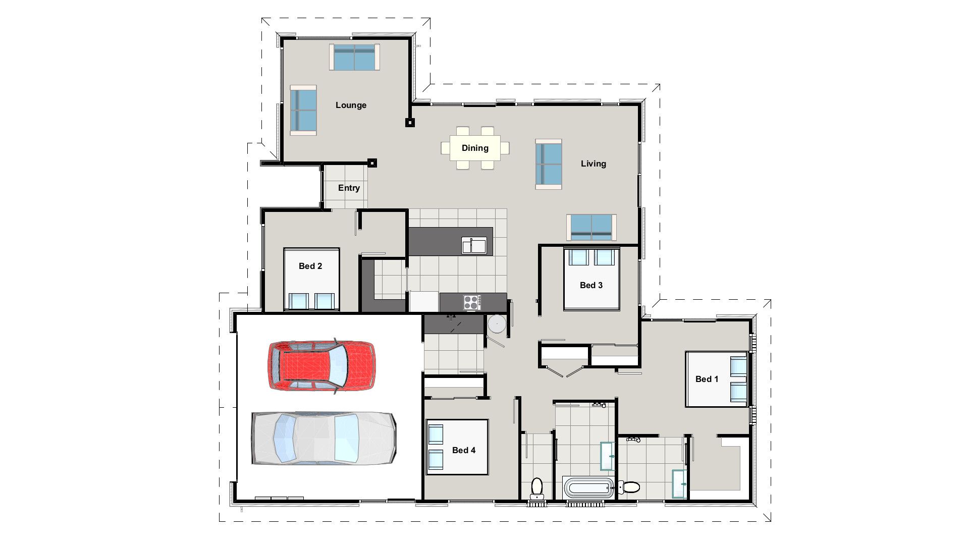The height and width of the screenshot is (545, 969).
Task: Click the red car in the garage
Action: point(321,365)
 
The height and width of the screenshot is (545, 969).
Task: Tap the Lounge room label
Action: point(351,105)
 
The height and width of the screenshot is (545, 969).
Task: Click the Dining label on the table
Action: point(475,148)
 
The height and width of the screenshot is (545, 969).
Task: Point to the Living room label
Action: point(593,163)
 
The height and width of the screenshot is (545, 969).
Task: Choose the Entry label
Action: point(349,188)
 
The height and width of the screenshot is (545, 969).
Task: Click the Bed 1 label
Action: point(707,379)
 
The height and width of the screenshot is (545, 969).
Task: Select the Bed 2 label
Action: point(310,266)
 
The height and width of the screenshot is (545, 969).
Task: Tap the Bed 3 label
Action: point(591,285)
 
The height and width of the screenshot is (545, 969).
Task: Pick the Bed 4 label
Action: point(463,450)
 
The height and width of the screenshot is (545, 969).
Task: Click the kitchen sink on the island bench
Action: point(474,245)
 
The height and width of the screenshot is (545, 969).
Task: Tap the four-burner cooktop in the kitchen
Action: point(472,302)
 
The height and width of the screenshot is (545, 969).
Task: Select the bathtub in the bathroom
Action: point(588,488)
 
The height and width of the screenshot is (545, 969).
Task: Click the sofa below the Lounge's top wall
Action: point(354,57)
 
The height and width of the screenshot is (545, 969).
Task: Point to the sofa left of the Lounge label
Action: point(303,110)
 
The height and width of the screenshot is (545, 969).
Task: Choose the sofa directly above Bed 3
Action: point(591,228)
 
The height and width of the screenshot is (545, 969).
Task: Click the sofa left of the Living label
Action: point(549,164)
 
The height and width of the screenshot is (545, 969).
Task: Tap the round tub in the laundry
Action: point(497,324)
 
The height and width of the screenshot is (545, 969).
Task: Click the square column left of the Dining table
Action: point(410,122)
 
